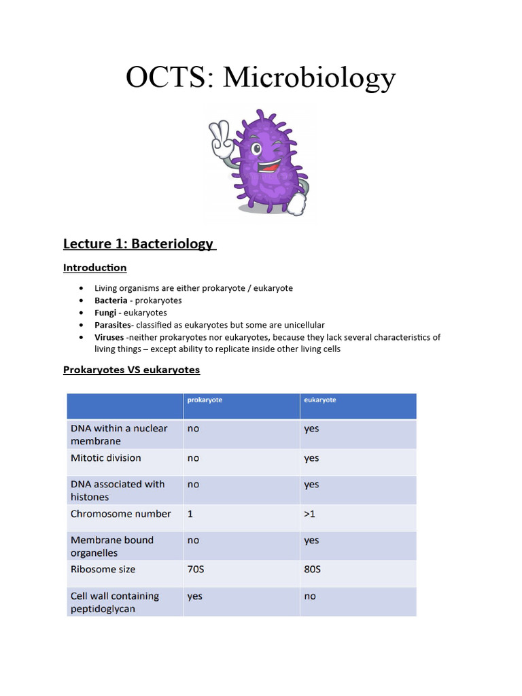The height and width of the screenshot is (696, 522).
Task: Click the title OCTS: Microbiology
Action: [260, 77]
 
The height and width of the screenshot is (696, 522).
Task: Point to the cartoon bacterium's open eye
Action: [256, 148]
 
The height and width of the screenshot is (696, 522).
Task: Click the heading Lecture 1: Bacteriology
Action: [139, 243]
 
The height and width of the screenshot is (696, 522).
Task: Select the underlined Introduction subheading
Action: [94, 268]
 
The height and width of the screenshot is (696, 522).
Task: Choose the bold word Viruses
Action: [109, 337]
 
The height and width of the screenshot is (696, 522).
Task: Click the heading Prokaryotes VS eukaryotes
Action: [131, 370]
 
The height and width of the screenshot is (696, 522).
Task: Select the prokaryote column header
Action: [205, 400]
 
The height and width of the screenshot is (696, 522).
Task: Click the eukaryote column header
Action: [319, 400]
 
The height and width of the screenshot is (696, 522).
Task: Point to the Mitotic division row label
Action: [106, 458]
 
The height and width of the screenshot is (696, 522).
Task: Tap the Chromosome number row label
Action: [121, 514]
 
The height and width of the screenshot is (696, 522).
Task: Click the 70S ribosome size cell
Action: [196, 570]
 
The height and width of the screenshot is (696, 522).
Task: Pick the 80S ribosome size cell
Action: [312, 570]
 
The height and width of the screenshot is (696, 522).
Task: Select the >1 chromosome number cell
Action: [309, 515]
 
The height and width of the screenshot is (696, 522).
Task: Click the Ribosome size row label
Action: [103, 570]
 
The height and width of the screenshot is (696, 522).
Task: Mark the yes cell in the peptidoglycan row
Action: [195, 597]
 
